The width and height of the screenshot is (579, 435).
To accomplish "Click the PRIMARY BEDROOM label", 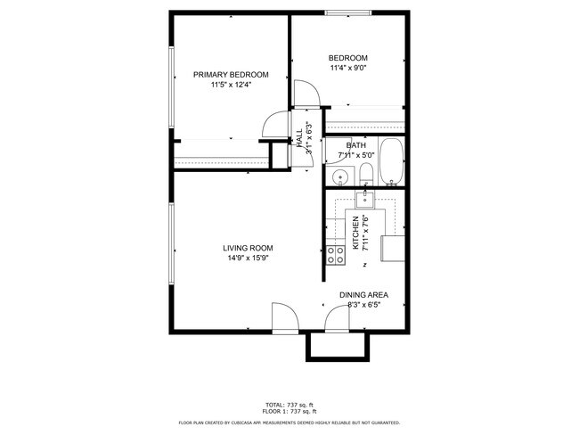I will pyautogui.click(x=231, y=75).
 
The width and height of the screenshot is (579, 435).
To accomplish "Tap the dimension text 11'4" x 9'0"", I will pyautogui.click(x=348, y=68).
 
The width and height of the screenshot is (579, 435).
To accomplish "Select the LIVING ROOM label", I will pyautogui.click(x=248, y=248).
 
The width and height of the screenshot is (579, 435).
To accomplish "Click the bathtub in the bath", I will pyautogui.click(x=392, y=163).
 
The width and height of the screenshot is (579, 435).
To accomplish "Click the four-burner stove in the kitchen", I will pyautogui.click(x=336, y=257).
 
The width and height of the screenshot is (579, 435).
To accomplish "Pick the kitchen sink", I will pyautogui.click(x=364, y=199).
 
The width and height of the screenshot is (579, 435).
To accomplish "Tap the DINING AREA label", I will pyautogui.click(x=363, y=295).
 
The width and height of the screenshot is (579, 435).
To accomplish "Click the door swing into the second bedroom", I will pyautogui.click(x=304, y=93).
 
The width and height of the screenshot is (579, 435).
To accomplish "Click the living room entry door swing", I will pyautogui.click(x=282, y=316).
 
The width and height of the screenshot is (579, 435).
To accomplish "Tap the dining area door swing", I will pyautogui.click(x=338, y=317).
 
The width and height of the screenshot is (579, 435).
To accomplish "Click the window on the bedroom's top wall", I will pyautogui.click(x=348, y=13).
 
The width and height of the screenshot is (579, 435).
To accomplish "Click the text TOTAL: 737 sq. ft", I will pyautogui.click(x=289, y=404).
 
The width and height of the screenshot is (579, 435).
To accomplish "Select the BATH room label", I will pyautogui.click(x=356, y=145).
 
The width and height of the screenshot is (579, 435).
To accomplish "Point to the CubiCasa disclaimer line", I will pyautogui.click(x=289, y=423).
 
